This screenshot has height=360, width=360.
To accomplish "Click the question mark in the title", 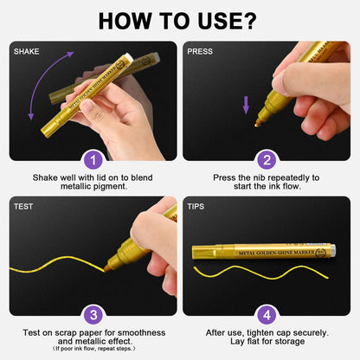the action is (248, 21).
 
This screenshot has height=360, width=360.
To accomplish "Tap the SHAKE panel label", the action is (27, 52).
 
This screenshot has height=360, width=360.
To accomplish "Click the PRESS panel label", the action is (200, 52).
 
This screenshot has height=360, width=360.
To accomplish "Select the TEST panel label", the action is (23, 207).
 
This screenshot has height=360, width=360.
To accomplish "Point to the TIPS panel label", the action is (196, 207).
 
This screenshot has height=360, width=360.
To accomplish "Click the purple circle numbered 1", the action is (93, 160).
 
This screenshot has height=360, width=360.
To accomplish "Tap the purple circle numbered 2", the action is (267, 160).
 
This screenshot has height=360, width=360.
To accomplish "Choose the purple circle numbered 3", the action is (93, 315).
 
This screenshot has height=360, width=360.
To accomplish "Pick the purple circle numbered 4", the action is (267, 315).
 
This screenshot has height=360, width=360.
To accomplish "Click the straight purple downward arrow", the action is (246, 106).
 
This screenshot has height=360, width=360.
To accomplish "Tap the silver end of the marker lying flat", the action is (333, 251).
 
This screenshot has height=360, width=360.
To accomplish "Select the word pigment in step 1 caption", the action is (111, 187).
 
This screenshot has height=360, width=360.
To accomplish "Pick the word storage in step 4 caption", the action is (290, 342).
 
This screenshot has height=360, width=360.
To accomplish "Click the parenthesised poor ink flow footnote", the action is (93, 349).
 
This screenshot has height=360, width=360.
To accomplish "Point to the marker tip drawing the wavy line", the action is (106, 268).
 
